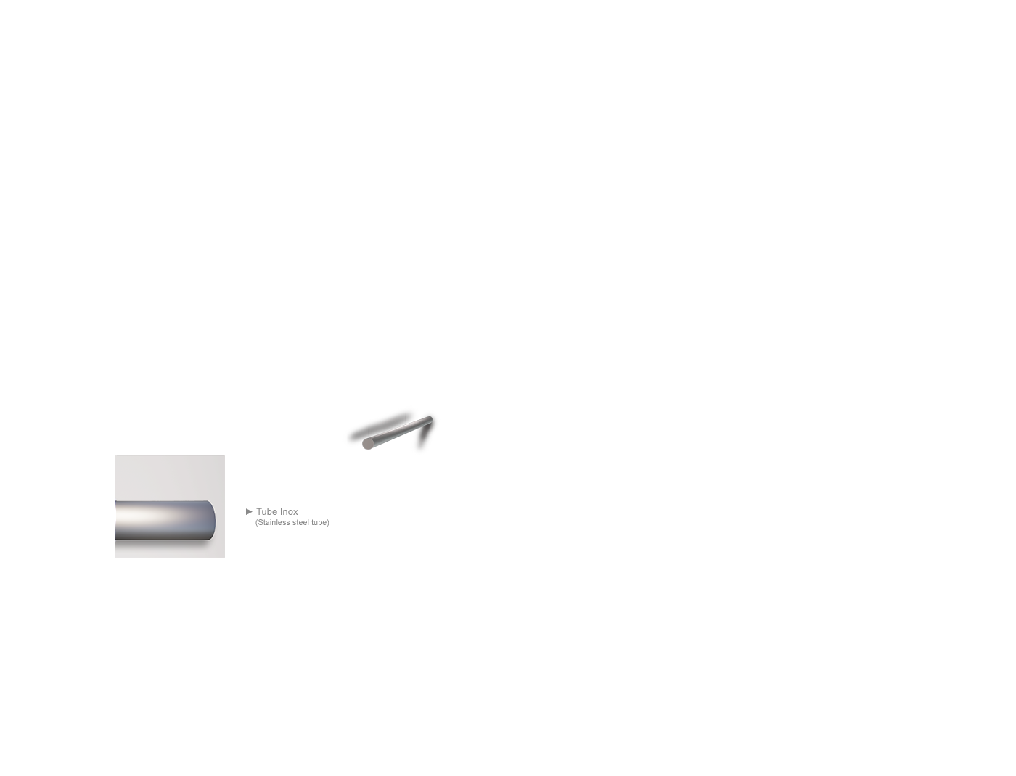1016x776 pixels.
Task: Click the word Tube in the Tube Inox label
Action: point(266,511)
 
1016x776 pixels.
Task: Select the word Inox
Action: point(288,511)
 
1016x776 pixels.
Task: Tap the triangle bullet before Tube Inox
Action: point(249,511)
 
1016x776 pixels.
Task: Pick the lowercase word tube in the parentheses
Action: point(319,523)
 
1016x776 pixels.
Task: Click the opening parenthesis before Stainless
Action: point(256,523)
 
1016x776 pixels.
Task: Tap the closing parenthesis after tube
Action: point(328,523)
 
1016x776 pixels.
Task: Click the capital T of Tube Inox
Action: point(260,511)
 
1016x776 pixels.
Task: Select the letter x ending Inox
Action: point(295,513)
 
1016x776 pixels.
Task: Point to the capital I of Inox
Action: point(281,511)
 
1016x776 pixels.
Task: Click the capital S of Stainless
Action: point(260,523)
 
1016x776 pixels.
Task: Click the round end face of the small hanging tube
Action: point(368,444)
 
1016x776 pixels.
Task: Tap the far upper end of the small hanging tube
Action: point(430,419)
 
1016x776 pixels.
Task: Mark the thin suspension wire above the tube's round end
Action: point(369,431)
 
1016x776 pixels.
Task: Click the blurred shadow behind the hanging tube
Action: point(380,425)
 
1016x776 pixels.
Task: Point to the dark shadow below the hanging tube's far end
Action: point(425,437)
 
